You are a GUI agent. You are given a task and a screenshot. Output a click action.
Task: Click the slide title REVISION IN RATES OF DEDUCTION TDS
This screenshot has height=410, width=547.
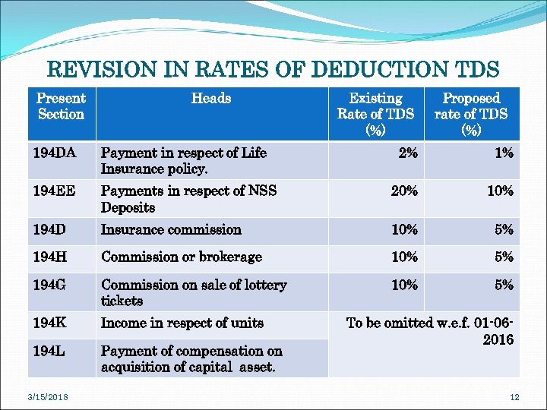coord(273,71)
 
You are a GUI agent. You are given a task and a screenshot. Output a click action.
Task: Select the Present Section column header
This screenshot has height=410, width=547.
coord(61,106)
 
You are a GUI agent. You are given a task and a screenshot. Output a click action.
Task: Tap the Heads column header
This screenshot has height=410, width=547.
coord(211,98)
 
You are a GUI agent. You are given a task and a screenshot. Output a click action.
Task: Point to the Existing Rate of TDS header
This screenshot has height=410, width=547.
coord(375,114)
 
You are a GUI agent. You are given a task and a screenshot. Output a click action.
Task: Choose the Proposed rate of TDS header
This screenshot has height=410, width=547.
coord(471,114)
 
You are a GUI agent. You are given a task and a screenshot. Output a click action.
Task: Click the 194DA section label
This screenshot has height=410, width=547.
coord(55,153)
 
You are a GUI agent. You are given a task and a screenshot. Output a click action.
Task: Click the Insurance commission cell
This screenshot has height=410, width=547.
coord(171,229)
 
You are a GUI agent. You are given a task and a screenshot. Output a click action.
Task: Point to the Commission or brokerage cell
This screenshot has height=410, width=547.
coord(182,257)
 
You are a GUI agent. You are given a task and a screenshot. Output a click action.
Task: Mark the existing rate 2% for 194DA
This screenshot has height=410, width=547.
coord(408,153)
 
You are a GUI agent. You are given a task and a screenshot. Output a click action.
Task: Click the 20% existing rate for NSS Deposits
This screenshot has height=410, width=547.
coord(404,191)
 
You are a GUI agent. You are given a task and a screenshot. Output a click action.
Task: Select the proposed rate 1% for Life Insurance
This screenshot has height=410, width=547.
coord(504,153)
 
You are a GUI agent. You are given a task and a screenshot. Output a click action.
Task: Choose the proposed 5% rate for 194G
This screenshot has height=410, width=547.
coord(504,285)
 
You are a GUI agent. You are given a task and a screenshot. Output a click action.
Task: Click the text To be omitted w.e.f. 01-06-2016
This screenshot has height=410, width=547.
coord(430,331)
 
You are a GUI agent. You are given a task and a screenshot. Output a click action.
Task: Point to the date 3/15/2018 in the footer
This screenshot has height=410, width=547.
coord(47,396)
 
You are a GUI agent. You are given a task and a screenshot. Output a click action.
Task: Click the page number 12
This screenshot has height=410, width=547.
coord(514,396)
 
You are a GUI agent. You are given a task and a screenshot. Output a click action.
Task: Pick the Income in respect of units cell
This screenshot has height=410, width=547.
coord(182,323)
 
